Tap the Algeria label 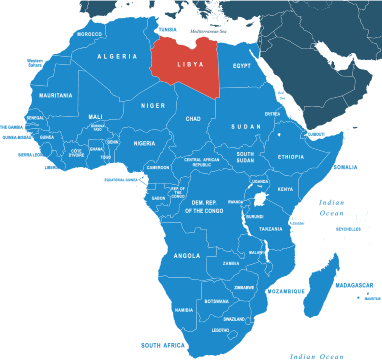pyautogui.click(x=116, y=57)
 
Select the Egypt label pyautogui.click(x=242, y=66)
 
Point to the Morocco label pyautogui.click(x=89, y=34)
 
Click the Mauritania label pyautogui.click(x=55, y=95)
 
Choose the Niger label pyautogui.click(x=153, y=104)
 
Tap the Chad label pyautogui.click(x=193, y=119)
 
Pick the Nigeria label pyautogui.click(x=146, y=143)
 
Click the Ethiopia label pyautogui.click(x=291, y=157)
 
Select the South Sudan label pyautogui.click(x=245, y=158)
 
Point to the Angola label pyautogui.click(x=187, y=255)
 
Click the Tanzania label pyautogui.click(x=271, y=229)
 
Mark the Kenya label pyautogui.click(x=285, y=189)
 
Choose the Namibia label pyautogui.click(x=183, y=310)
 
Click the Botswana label pyautogui.click(x=216, y=301)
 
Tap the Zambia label pyautogui.click(x=231, y=263)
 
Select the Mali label pyautogui.click(x=95, y=116)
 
